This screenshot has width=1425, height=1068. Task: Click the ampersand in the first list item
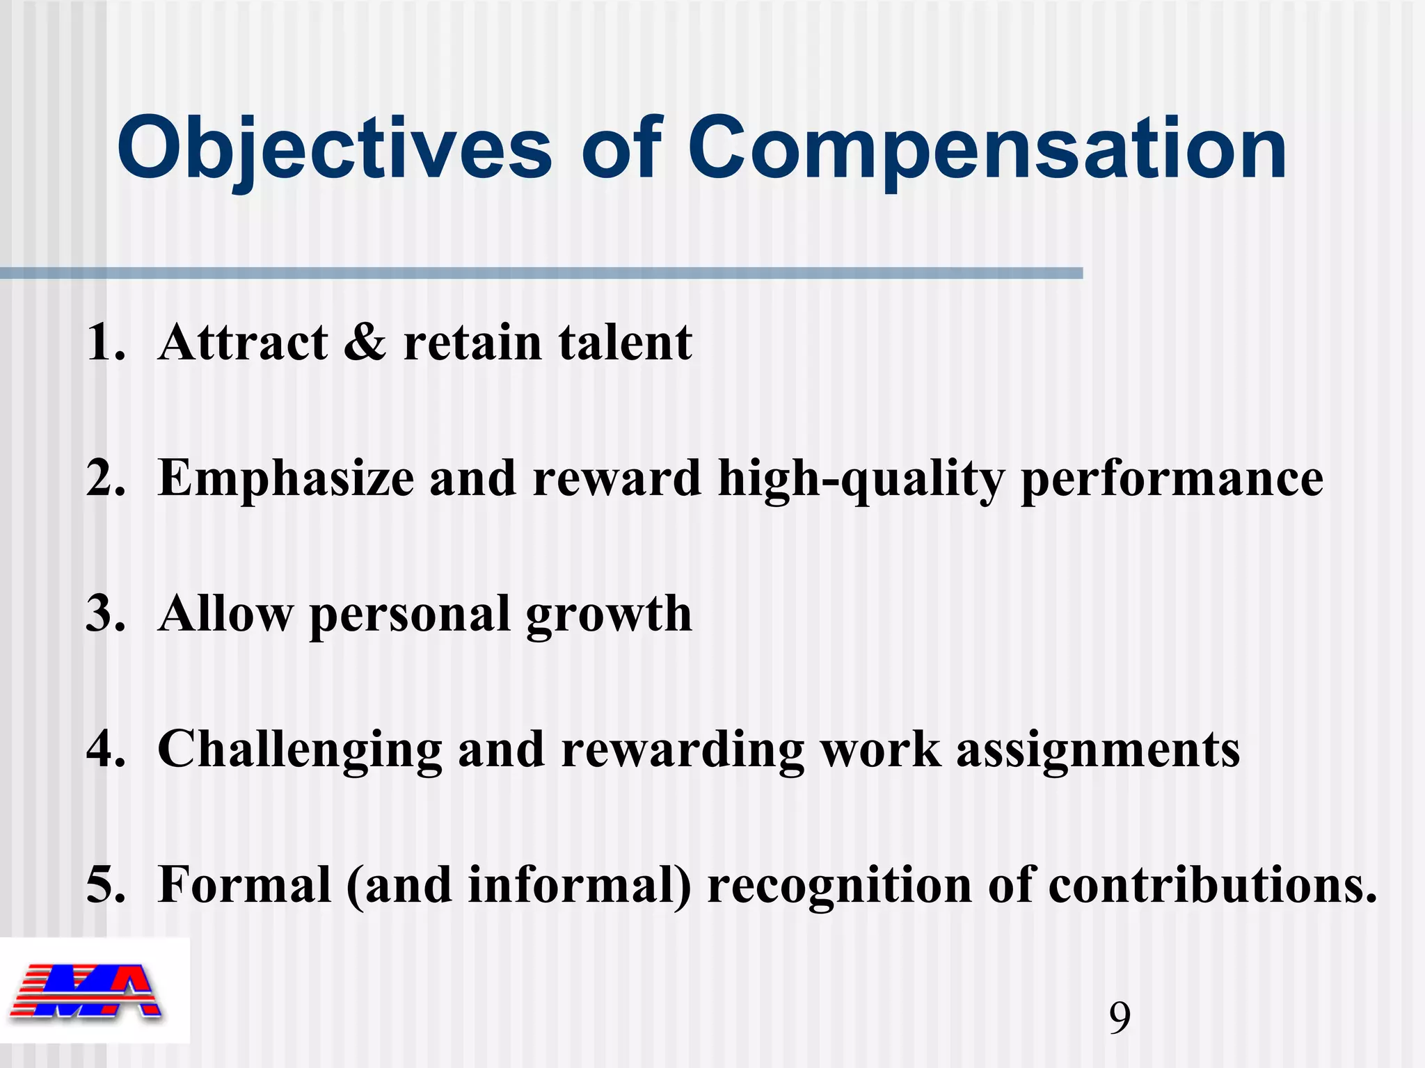[365, 342]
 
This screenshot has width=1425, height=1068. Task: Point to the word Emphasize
[286, 478]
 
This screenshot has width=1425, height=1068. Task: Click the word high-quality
[861, 478]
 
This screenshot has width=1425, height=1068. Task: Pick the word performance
[1172, 478]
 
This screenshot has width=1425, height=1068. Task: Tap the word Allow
[225, 614]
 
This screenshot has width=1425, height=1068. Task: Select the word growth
[609, 614]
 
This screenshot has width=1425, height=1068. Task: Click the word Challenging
[300, 750]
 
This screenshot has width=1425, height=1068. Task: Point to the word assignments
[1098, 750]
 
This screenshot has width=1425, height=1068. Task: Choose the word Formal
[244, 885]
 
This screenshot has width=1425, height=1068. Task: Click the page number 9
[1120, 1018]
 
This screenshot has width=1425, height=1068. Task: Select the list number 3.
[104, 614]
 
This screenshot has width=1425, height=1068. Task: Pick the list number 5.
[104, 885]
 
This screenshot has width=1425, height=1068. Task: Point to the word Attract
[243, 342]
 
